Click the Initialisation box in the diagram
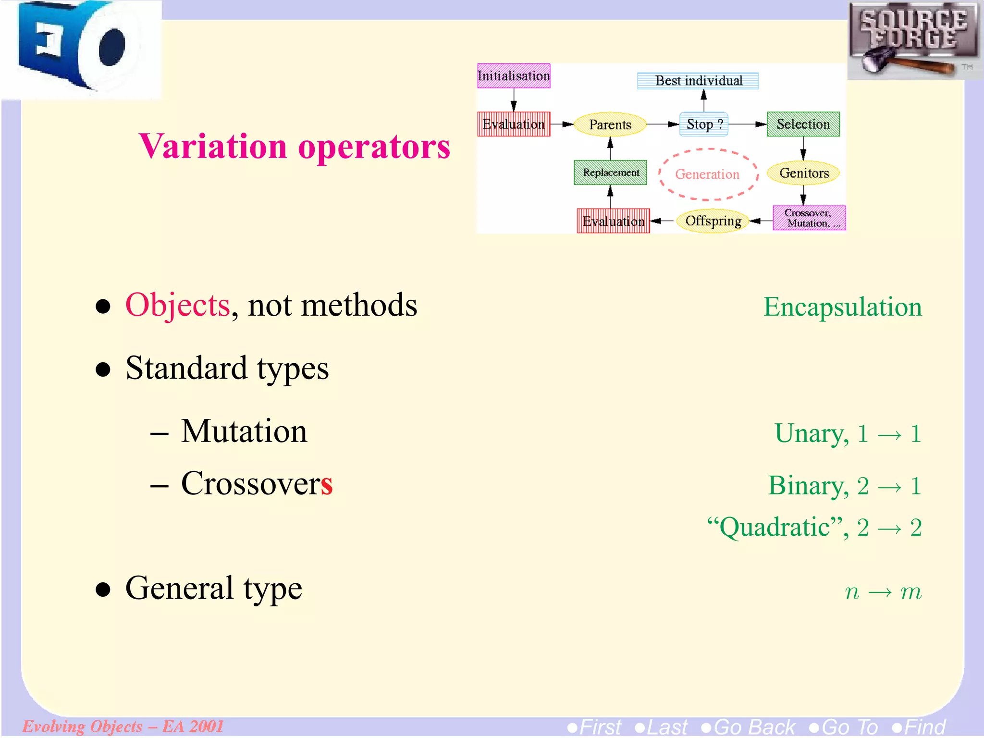tap(513, 76)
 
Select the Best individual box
tap(698, 81)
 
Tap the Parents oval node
tap(610, 124)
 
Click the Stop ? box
tap(703, 124)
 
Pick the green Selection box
tap(803, 124)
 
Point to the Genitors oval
tap(803, 173)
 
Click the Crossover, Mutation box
tap(809, 218)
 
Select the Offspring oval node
tap(713, 221)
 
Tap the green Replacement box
tap(610, 172)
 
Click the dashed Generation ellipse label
tap(707, 174)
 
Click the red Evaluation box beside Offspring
tap(613, 221)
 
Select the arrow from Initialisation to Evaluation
tap(514, 100)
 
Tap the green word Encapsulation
tap(842, 307)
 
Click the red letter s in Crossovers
tap(327, 484)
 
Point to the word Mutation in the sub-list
tap(244, 431)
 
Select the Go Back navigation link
tap(749, 727)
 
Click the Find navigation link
tap(919, 727)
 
